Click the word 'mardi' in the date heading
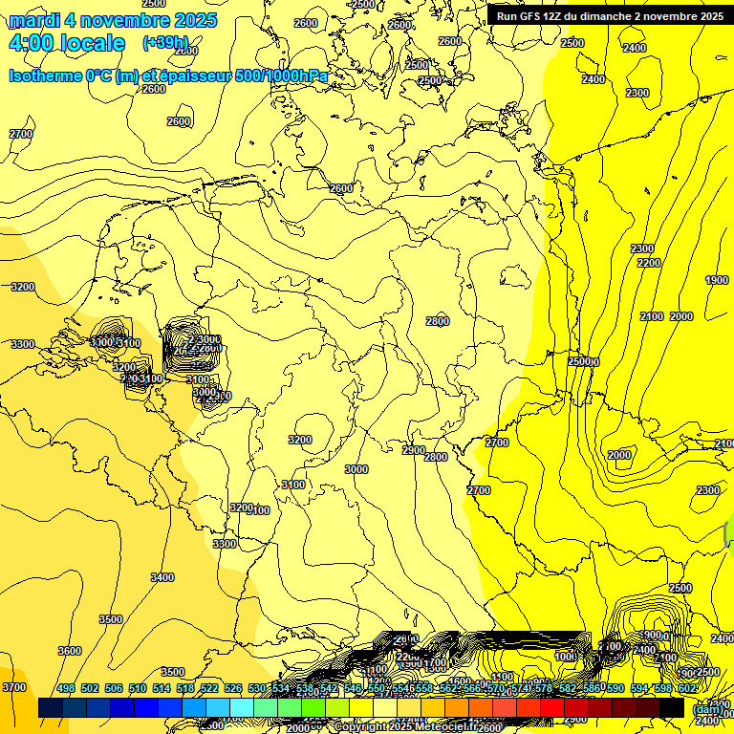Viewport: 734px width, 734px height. click(x=34, y=20)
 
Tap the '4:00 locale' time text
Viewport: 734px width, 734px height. click(x=67, y=43)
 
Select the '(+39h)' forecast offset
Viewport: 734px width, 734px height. click(x=165, y=43)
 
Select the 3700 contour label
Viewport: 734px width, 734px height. click(x=14, y=687)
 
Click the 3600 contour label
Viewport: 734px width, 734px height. click(x=70, y=651)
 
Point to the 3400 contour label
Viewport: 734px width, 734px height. click(x=162, y=577)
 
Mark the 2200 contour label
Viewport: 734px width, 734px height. click(x=649, y=263)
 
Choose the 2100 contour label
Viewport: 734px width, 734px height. click(x=652, y=316)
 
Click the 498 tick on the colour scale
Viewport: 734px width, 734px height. click(x=66, y=688)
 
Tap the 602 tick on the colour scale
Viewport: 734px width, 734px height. click(x=687, y=688)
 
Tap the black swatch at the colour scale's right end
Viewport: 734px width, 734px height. click(x=672, y=707)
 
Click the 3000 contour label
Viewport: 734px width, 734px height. click(x=356, y=469)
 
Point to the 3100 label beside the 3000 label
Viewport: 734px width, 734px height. click(x=293, y=485)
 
